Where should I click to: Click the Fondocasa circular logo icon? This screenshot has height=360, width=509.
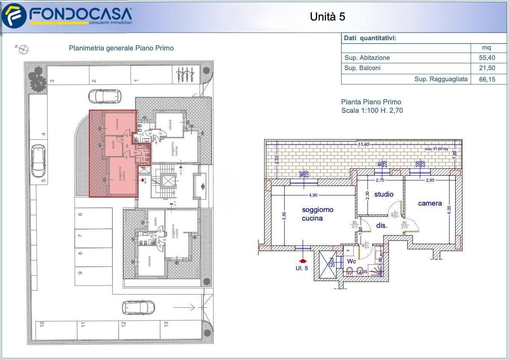[x=14, y=15]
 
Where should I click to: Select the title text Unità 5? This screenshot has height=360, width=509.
[x=327, y=17]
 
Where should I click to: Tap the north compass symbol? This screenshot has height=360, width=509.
[x=24, y=50]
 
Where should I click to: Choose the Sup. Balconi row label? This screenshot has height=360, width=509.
[x=362, y=68]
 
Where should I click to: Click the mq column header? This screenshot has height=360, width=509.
[x=487, y=47]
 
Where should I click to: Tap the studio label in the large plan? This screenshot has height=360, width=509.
[x=383, y=195]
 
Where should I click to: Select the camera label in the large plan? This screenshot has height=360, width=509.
[x=430, y=204]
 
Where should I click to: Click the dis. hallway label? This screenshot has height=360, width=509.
[x=381, y=225]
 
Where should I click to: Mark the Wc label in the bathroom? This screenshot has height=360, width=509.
[x=351, y=261]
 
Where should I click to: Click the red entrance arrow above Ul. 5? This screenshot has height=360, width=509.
[x=303, y=260]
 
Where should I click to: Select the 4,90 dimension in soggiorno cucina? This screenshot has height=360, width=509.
[x=313, y=195]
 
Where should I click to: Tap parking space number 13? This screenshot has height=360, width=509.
[x=165, y=324]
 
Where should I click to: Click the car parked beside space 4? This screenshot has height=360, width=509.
[x=38, y=161]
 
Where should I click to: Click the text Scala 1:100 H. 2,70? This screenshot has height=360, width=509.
[x=372, y=111]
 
